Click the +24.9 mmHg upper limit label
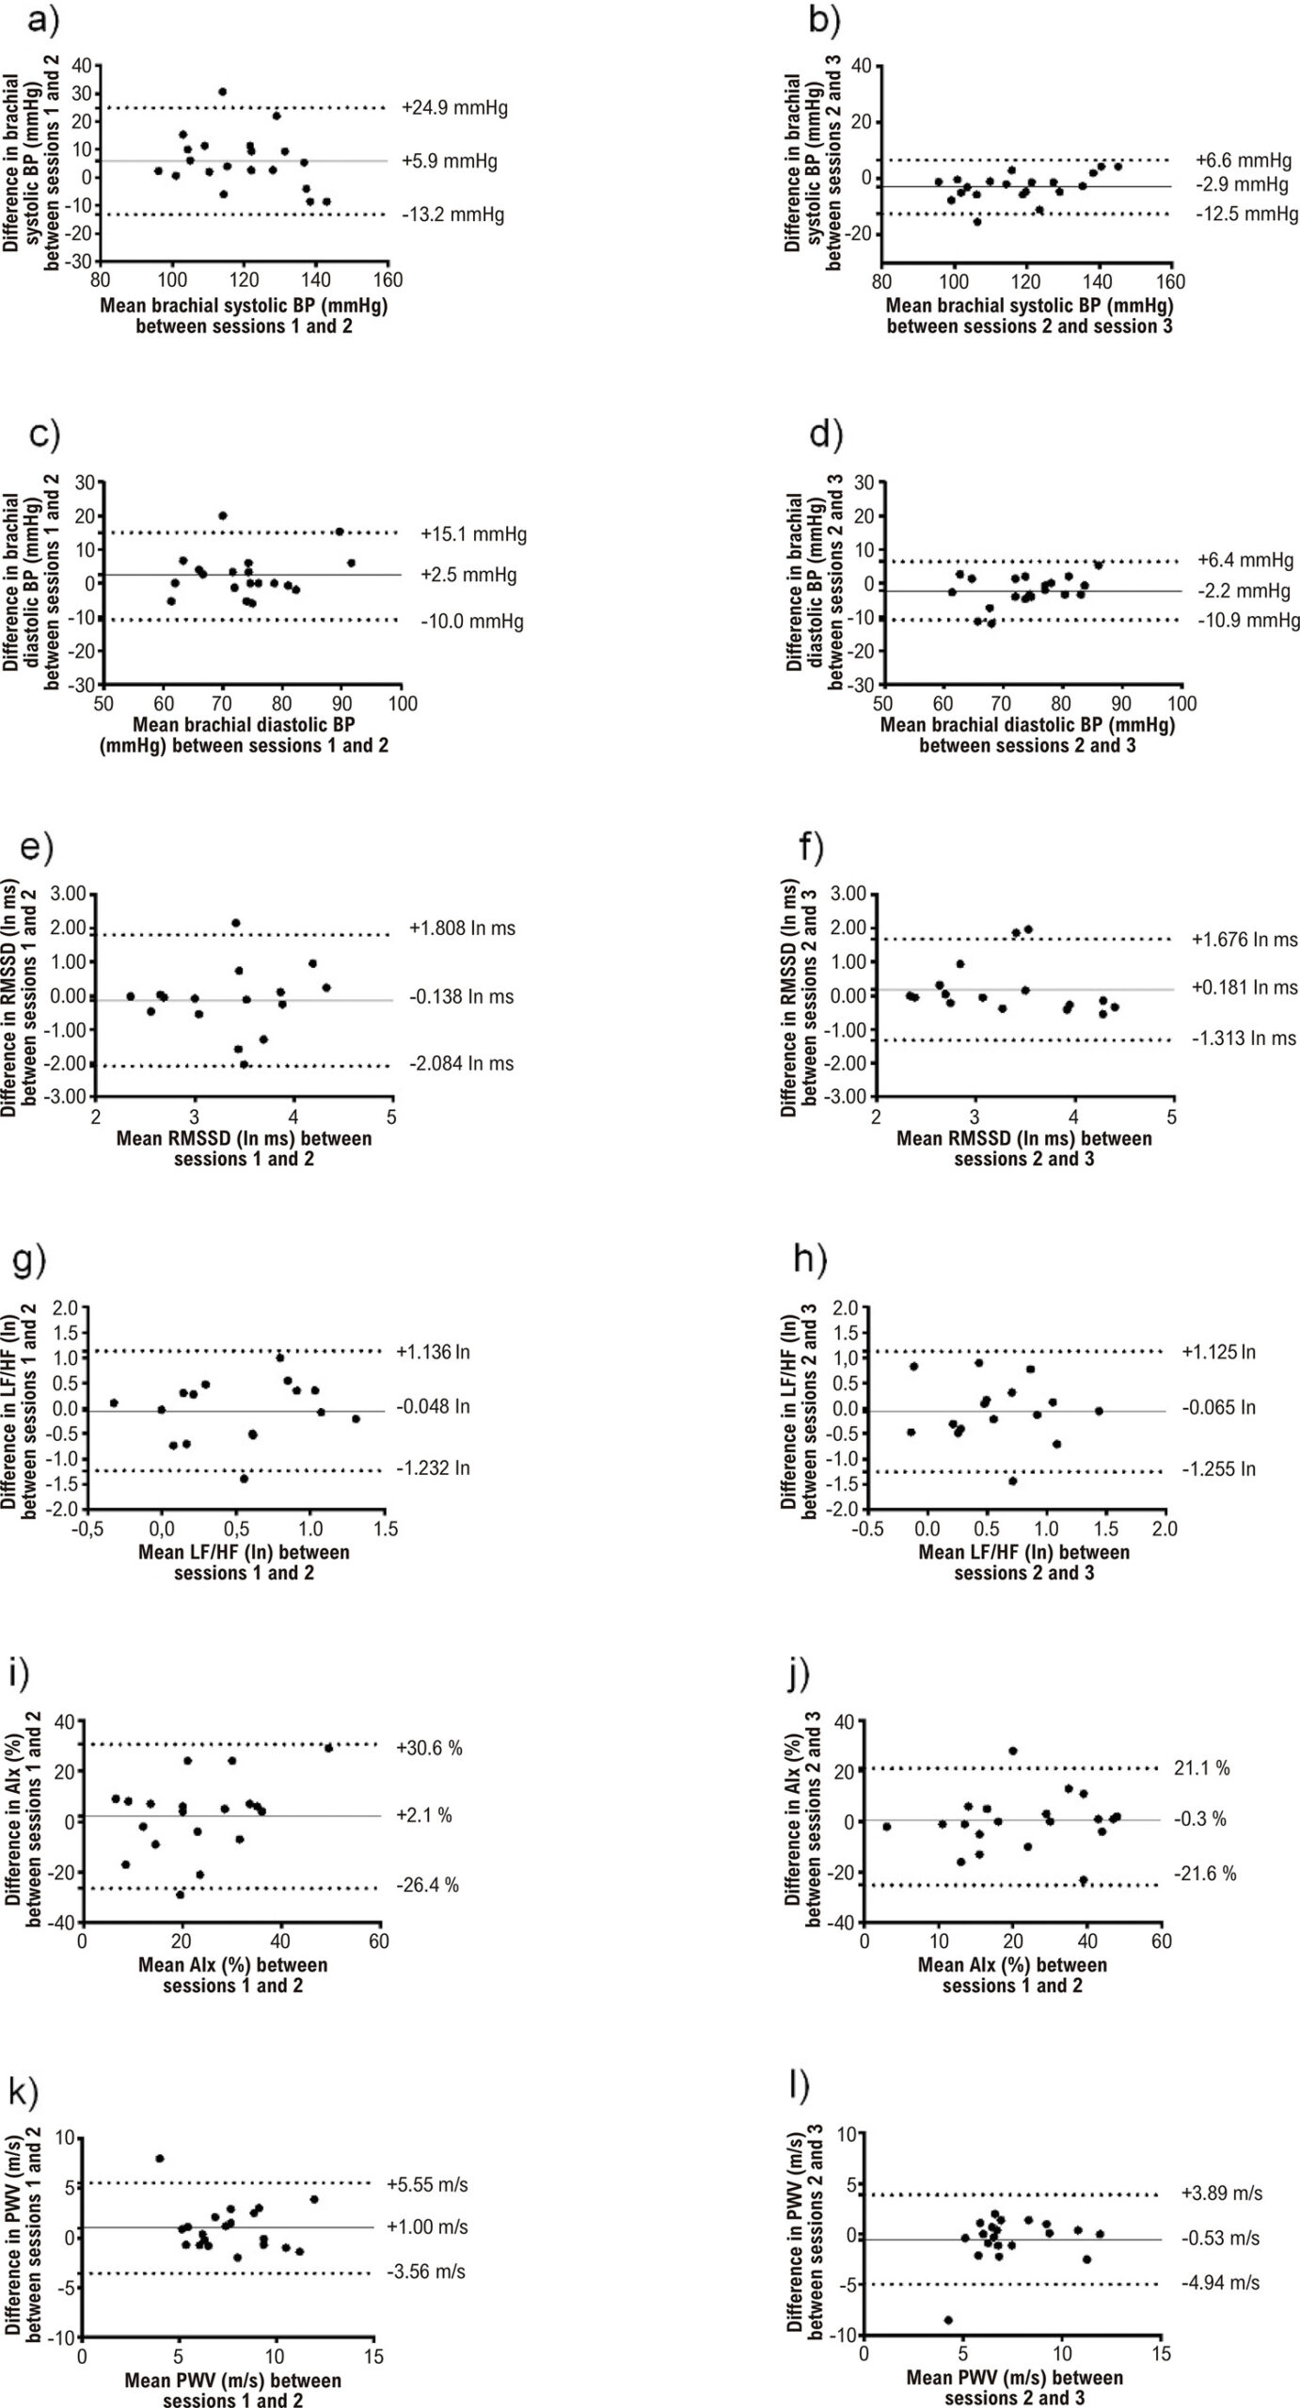pos(454,108)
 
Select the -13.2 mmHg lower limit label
pos(452,215)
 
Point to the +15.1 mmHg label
pos(474,535)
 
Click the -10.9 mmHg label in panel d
pos(1248,621)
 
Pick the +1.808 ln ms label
pos(462,928)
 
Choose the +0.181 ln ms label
pos(1244,988)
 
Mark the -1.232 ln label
pos(432,1468)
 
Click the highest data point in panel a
pos(222,92)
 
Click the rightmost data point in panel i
pos(328,1748)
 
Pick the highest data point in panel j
pos(1013,1751)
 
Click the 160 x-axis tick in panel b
pos(1170,281)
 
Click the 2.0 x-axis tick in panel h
pos(1165,1529)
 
